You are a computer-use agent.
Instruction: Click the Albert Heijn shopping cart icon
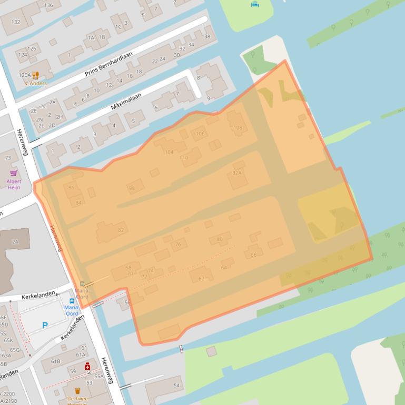tap(14, 173)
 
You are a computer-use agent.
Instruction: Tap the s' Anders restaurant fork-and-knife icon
tap(35, 75)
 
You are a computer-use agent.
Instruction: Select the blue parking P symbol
tap(45, 326)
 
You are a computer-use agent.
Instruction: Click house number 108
tap(238, 127)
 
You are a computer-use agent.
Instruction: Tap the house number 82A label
tap(237, 173)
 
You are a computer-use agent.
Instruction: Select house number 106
tap(200, 134)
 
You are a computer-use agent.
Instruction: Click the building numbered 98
tap(132, 188)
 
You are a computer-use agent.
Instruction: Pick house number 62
tap(201, 278)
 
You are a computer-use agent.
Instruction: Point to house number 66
tap(253, 255)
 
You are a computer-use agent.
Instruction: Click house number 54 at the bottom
tap(177, 386)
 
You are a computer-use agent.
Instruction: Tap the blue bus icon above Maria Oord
tap(72, 301)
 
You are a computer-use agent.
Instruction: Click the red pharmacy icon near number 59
tap(87, 366)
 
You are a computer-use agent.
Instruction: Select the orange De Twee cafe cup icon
tap(77, 391)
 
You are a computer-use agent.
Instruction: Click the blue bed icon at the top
tap(255, 4)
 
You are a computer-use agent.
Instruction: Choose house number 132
tap(16, 22)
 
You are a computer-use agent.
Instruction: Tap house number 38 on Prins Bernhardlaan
tap(207, 36)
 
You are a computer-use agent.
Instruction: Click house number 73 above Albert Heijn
tap(8, 158)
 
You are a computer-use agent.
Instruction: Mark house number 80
tap(220, 239)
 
